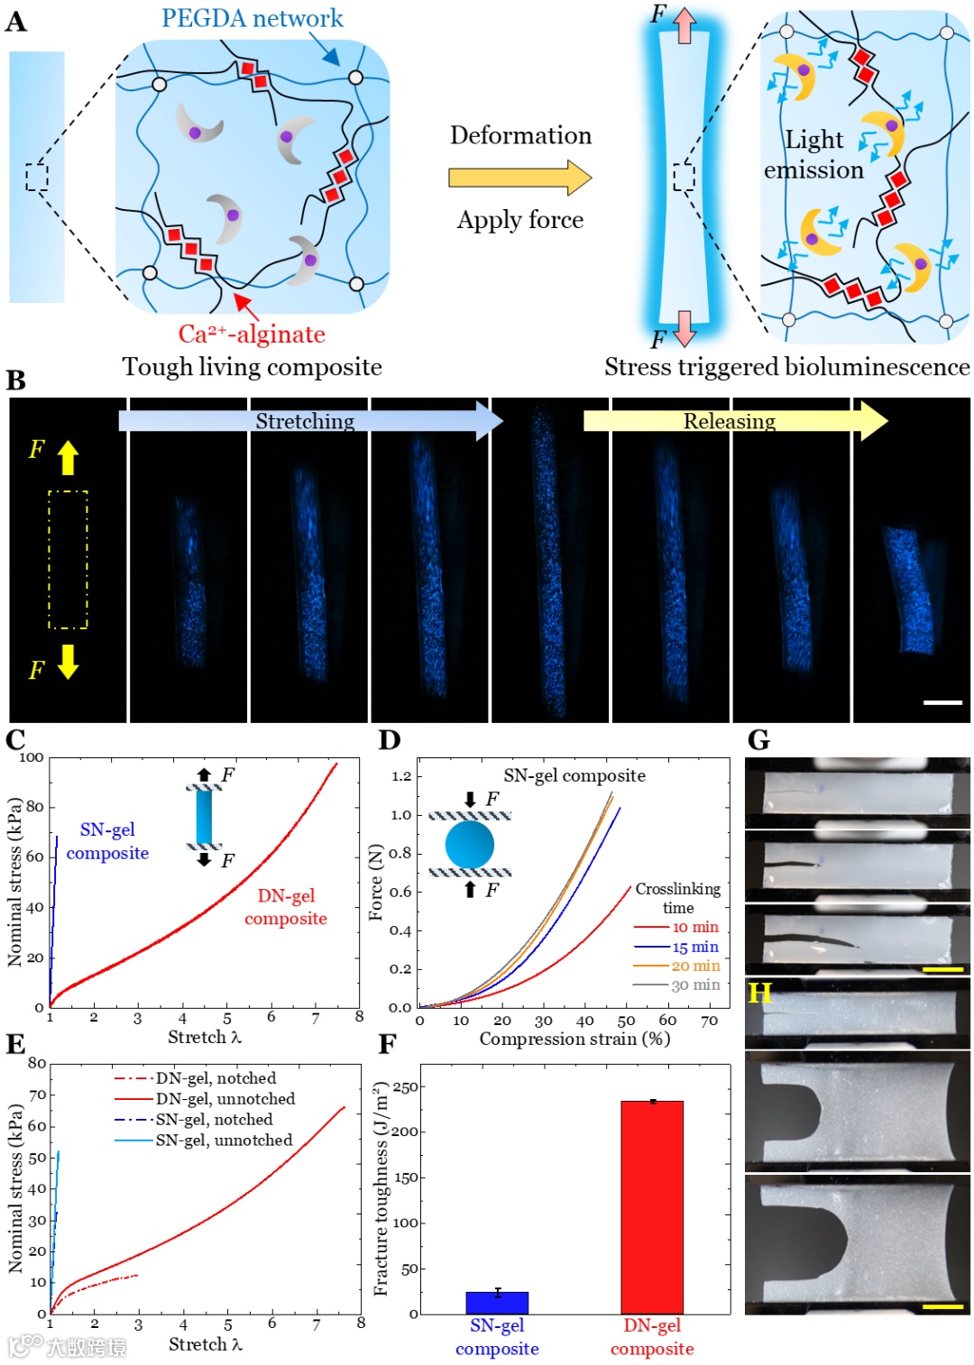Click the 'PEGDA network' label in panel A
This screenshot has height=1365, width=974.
(252, 18)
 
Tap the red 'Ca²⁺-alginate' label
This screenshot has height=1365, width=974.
(252, 334)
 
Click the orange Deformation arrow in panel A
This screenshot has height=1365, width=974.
(519, 178)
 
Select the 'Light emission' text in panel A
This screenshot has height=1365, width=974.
(813, 154)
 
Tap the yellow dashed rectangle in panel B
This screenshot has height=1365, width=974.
(68, 559)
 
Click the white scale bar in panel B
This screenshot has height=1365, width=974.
(942, 701)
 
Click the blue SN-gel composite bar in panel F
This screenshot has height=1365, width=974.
(497, 1302)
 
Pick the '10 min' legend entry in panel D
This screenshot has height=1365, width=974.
(695, 927)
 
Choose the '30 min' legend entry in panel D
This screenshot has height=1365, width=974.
(695, 985)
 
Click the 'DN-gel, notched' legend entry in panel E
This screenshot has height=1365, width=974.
(216, 1078)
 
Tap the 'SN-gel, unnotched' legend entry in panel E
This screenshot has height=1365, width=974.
(224, 1141)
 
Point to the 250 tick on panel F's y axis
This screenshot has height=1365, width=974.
(406, 1087)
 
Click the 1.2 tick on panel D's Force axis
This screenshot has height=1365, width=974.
(401, 776)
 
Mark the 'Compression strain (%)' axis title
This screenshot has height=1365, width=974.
(574, 1040)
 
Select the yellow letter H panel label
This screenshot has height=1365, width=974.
(759, 994)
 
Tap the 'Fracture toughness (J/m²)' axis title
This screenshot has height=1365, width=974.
(381, 1189)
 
